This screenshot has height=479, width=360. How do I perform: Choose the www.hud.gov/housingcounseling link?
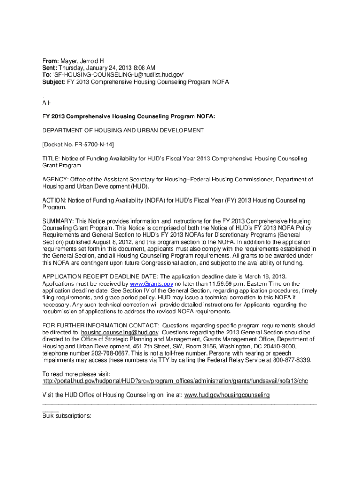point(227,395)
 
